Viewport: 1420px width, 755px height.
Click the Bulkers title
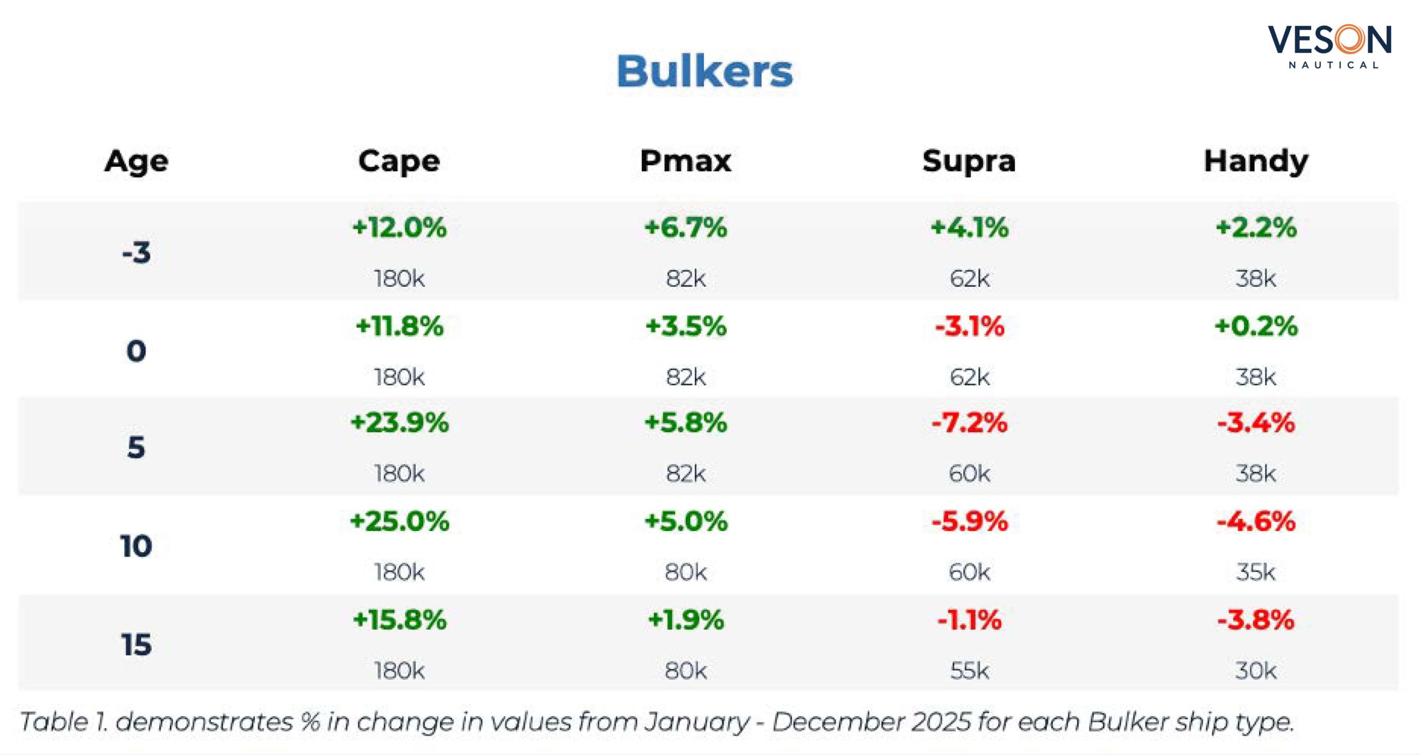704,72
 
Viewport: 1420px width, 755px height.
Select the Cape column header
399,161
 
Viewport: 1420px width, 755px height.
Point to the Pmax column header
686,161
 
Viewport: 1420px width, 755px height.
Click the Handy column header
1256,161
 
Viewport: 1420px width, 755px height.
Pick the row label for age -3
136,252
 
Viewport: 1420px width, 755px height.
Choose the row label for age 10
136,546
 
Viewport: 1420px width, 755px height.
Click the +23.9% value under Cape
399,422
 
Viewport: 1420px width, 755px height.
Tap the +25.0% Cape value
399,521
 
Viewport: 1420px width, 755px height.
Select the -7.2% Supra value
969,422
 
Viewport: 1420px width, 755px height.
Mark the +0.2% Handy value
1256,326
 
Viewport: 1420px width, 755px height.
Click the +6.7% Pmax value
686,227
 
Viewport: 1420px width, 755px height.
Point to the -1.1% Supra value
969,620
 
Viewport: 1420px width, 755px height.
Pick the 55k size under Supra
969,671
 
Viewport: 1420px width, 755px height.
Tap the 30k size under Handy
1256,671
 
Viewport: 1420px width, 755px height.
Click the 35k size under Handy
1256,572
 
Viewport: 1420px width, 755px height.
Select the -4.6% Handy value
1256,521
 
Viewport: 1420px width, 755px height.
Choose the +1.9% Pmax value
686,620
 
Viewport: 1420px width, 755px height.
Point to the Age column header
136,161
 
